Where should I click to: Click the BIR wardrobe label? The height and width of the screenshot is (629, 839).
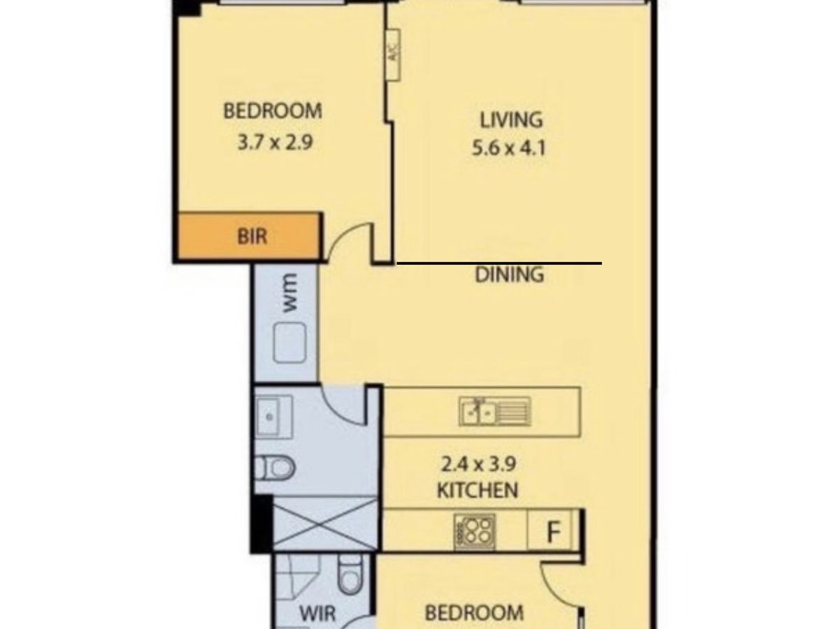pos(252,236)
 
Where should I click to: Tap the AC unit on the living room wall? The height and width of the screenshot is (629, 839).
pos(394,55)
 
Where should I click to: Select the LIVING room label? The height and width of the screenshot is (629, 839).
pos(511,120)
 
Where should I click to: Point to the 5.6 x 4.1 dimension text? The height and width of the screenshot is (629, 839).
pos(509,148)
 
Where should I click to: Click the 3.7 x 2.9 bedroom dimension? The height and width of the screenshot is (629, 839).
pos(275,143)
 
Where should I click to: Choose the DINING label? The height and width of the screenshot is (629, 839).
pos(509,275)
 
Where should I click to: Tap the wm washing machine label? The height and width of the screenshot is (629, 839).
pos(289,294)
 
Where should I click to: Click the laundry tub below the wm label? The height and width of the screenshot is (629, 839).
pos(290,342)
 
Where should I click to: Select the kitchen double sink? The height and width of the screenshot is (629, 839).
pos(495,412)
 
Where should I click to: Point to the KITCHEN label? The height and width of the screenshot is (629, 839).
pos(478,491)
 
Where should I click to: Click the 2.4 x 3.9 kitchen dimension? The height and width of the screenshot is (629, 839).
pos(478,465)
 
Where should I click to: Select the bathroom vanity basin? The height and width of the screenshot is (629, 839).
pos(274,417)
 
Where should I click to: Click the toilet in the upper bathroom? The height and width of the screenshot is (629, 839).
pos(275,468)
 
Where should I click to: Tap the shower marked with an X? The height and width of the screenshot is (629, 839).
pos(325,524)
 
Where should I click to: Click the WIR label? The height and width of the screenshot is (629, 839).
pos(317,614)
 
